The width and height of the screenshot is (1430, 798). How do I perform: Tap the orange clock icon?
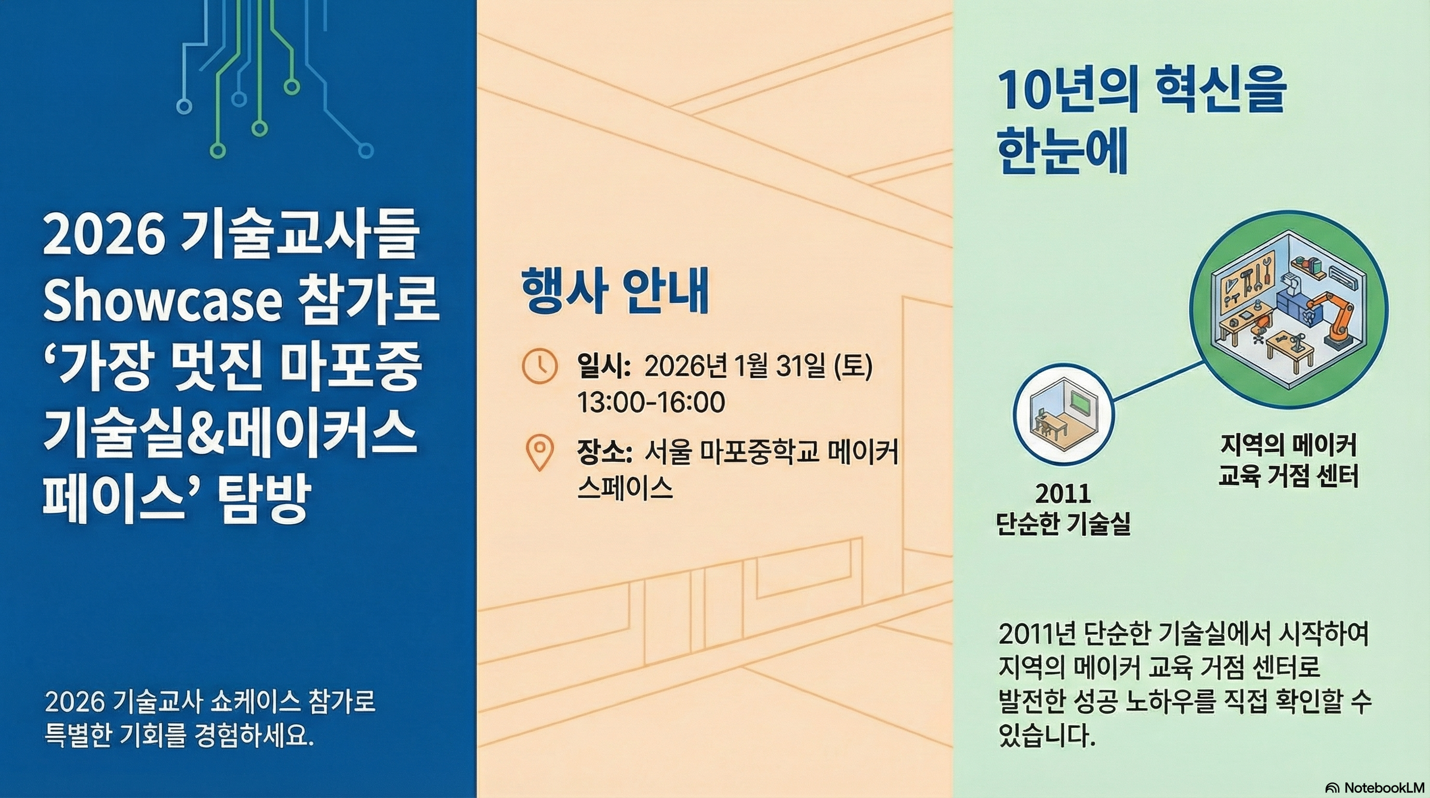click(539, 366)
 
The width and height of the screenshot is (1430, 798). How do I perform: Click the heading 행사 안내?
click(615, 290)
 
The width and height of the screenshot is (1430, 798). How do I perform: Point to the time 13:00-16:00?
click(651, 402)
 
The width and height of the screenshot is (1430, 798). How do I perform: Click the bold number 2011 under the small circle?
click(1063, 494)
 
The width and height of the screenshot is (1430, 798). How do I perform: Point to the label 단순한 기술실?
click(1063, 523)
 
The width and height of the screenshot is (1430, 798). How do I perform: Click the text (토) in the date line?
click(853, 366)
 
